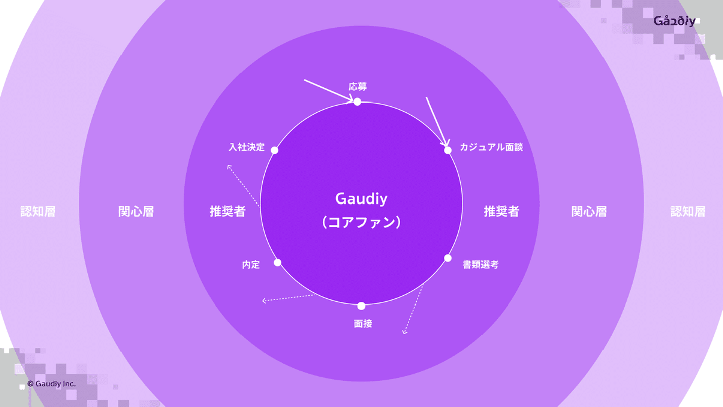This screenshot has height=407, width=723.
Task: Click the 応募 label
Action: coord(357,87)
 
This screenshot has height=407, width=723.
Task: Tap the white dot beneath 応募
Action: coord(357,101)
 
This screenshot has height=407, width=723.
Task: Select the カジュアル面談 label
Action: coord(491,148)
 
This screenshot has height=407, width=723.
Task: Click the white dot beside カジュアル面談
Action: coord(448,150)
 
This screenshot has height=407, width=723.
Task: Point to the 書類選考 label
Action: coord(480,265)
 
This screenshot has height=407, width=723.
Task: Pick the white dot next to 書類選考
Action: coord(448,258)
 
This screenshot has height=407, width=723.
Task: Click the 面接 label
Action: coord(363,324)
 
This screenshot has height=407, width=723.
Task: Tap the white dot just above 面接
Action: coord(361,306)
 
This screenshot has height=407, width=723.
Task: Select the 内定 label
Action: coord(251,265)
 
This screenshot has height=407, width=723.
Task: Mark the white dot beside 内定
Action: coord(277,262)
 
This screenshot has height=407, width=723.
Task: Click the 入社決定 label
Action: coord(247,148)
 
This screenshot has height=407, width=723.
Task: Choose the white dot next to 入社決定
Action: coord(274,150)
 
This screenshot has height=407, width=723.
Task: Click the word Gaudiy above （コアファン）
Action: coord(361,199)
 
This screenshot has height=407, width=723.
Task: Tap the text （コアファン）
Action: coord(361,222)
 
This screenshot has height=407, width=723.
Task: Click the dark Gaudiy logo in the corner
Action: coord(674,21)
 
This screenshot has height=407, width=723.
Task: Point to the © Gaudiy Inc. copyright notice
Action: coord(51,384)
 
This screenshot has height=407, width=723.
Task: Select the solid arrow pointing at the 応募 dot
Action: coord(329,91)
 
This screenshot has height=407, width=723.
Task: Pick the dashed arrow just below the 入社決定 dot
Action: coord(244,186)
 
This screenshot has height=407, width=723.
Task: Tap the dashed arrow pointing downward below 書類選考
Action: coord(414,309)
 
